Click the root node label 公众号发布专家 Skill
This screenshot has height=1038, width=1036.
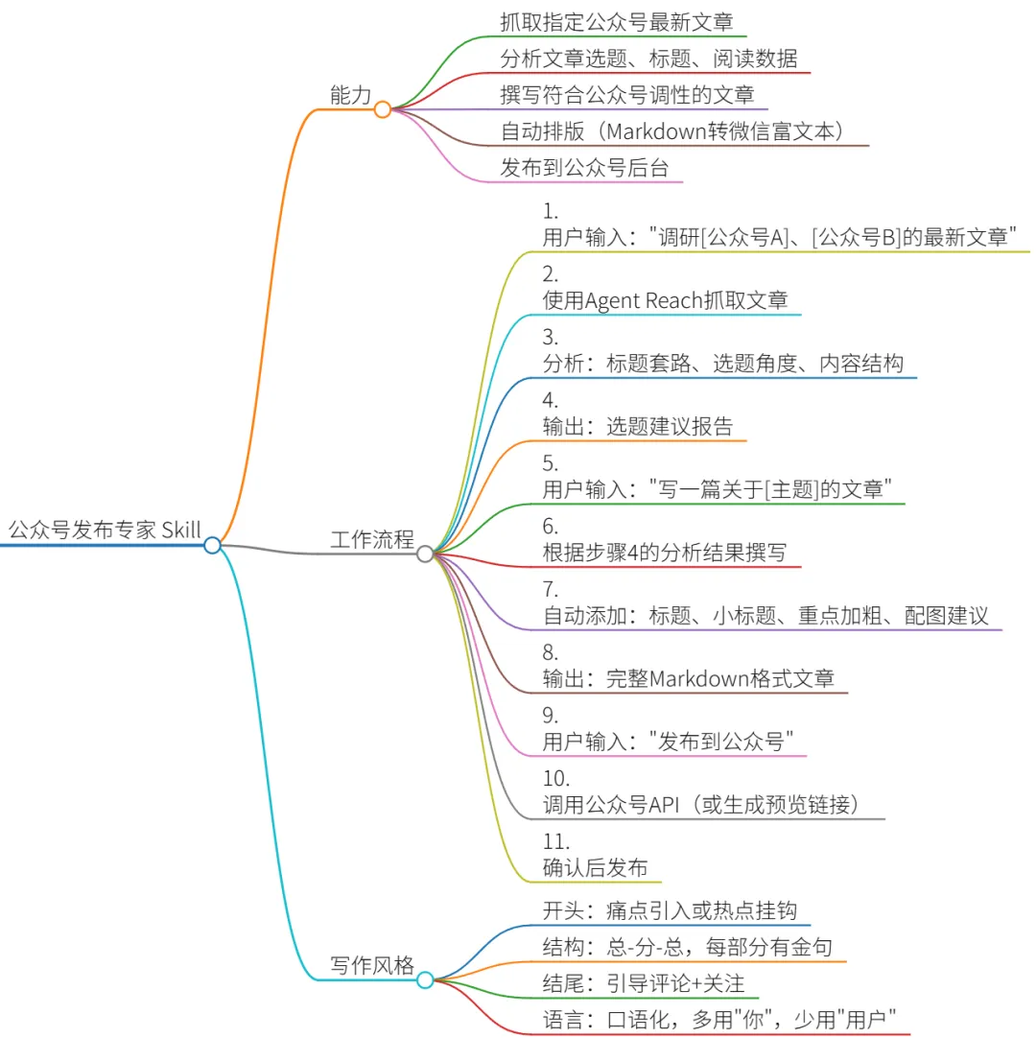pos(105,530)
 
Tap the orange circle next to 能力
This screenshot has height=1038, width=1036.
pos(383,109)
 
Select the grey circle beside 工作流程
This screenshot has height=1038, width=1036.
pos(425,554)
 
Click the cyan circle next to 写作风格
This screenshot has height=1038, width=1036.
pos(425,979)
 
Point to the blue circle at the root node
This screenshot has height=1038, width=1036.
pos(213,545)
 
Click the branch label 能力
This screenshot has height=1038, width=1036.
pos(349,95)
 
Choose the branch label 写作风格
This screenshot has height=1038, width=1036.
pos(372,965)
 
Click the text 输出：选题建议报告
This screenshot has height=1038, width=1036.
pos(637,427)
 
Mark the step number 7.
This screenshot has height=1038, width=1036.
pos(550,589)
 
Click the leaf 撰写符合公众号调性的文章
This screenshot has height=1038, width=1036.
pos(626,95)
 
